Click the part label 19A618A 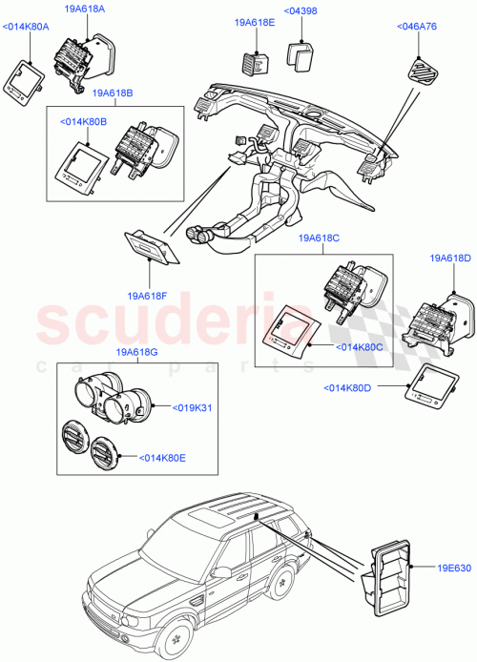point(85,9)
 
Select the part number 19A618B point(114,94)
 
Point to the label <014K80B point(82,123)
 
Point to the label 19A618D point(450,259)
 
